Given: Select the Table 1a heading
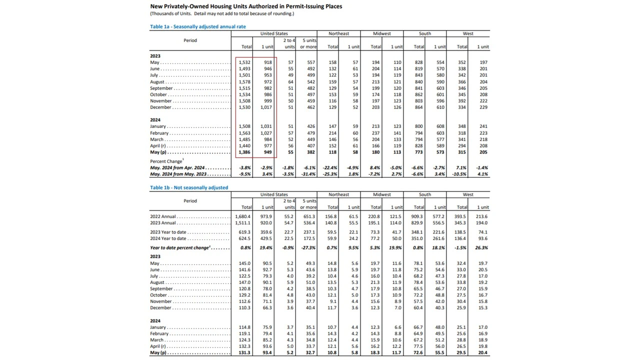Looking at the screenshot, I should click(x=198, y=26).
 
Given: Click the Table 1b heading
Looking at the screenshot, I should click(x=189, y=187).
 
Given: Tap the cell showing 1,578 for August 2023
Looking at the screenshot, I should click(x=245, y=82).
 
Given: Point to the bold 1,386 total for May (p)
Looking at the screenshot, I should click(x=245, y=152).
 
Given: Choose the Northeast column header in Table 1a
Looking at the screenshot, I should click(x=338, y=33).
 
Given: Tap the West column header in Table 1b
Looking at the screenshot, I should click(x=468, y=194).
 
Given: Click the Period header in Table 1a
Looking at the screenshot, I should click(x=190, y=40).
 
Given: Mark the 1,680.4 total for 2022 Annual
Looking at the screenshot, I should click(x=243, y=216).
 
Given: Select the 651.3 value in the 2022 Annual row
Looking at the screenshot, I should click(x=309, y=216).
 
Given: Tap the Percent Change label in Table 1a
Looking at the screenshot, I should click(x=166, y=161).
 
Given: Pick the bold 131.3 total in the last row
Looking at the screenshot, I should click(x=244, y=352).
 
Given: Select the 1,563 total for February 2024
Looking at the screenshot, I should click(x=245, y=133).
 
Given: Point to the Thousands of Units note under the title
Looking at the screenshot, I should click(x=222, y=13).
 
